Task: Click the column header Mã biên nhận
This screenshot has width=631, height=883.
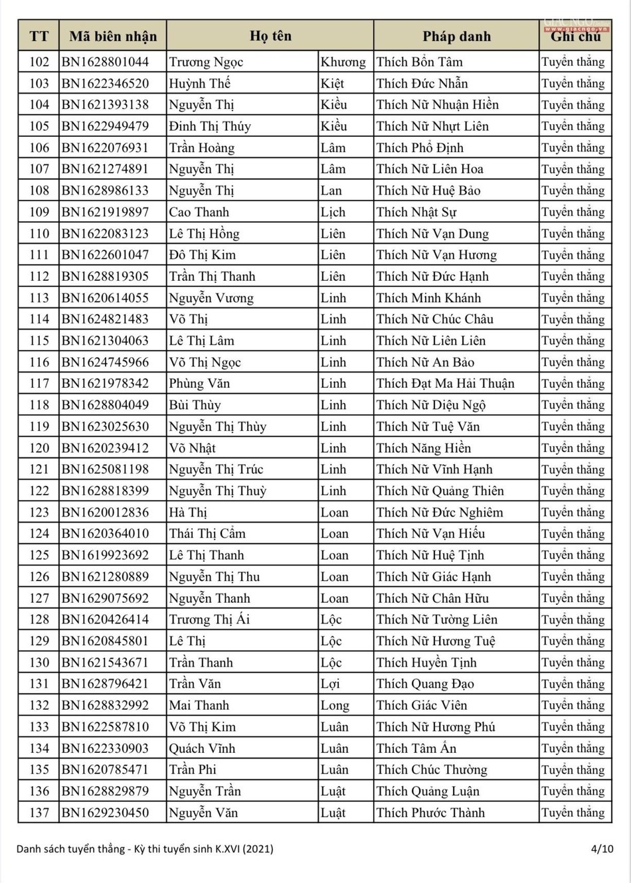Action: [113, 37]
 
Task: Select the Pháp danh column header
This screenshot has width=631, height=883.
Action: [456, 37]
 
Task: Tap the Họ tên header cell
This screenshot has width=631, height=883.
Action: [270, 37]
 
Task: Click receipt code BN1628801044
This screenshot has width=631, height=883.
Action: [106, 62]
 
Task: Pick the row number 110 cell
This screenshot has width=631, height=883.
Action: [39, 234]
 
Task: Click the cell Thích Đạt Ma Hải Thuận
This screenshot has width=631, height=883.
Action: [445, 384]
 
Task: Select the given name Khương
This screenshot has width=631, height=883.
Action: [343, 62]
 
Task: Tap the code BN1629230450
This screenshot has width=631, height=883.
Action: [106, 813]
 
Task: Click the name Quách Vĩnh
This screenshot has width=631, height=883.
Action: [202, 748]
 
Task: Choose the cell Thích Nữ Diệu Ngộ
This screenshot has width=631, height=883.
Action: [431, 405]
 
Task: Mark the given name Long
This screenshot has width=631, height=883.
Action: [335, 705]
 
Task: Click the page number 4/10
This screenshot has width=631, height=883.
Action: [602, 848]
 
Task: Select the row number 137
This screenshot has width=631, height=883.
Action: [39, 813]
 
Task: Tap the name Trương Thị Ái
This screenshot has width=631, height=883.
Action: [209, 619]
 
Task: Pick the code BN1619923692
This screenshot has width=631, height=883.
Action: [106, 555]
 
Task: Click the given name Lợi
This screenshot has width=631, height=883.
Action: [330, 684]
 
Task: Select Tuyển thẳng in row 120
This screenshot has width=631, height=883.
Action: [573, 448]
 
